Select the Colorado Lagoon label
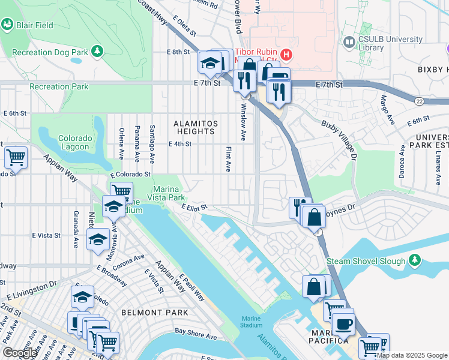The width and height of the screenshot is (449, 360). pyautogui.click(x=75, y=142)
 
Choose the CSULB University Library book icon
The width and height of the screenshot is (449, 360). pyautogui.click(x=348, y=42)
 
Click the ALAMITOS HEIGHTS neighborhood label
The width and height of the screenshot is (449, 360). pyautogui.click(x=194, y=127)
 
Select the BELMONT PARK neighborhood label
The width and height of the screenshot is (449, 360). pyautogui.click(x=154, y=313)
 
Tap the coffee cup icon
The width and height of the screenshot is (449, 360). pyautogui.click(x=343, y=323)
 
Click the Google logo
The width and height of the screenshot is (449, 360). pyautogui.click(x=19, y=353)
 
